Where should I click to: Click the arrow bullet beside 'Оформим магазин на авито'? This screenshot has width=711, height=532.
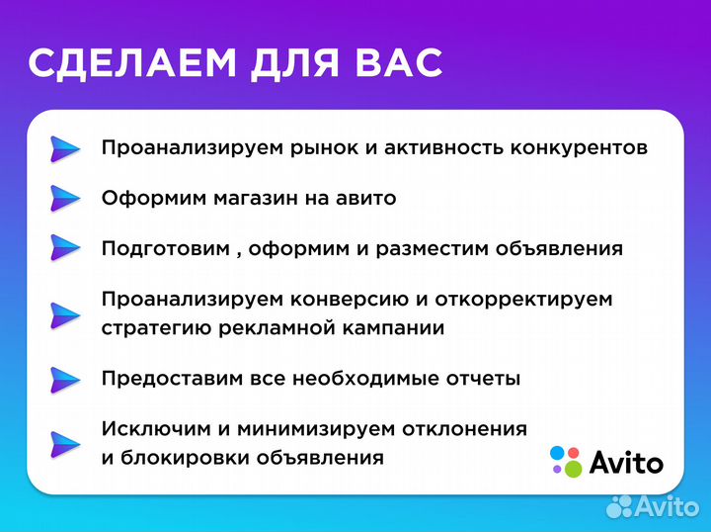(65, 198)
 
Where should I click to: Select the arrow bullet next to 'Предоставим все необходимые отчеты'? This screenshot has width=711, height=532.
(65, 379)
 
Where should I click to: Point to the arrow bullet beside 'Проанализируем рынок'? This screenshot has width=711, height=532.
(65, 148)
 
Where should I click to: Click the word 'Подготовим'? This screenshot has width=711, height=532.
(164, 248)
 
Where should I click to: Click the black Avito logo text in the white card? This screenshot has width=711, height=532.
(627, 462)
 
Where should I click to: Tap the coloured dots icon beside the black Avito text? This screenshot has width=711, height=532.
(566, 460)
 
